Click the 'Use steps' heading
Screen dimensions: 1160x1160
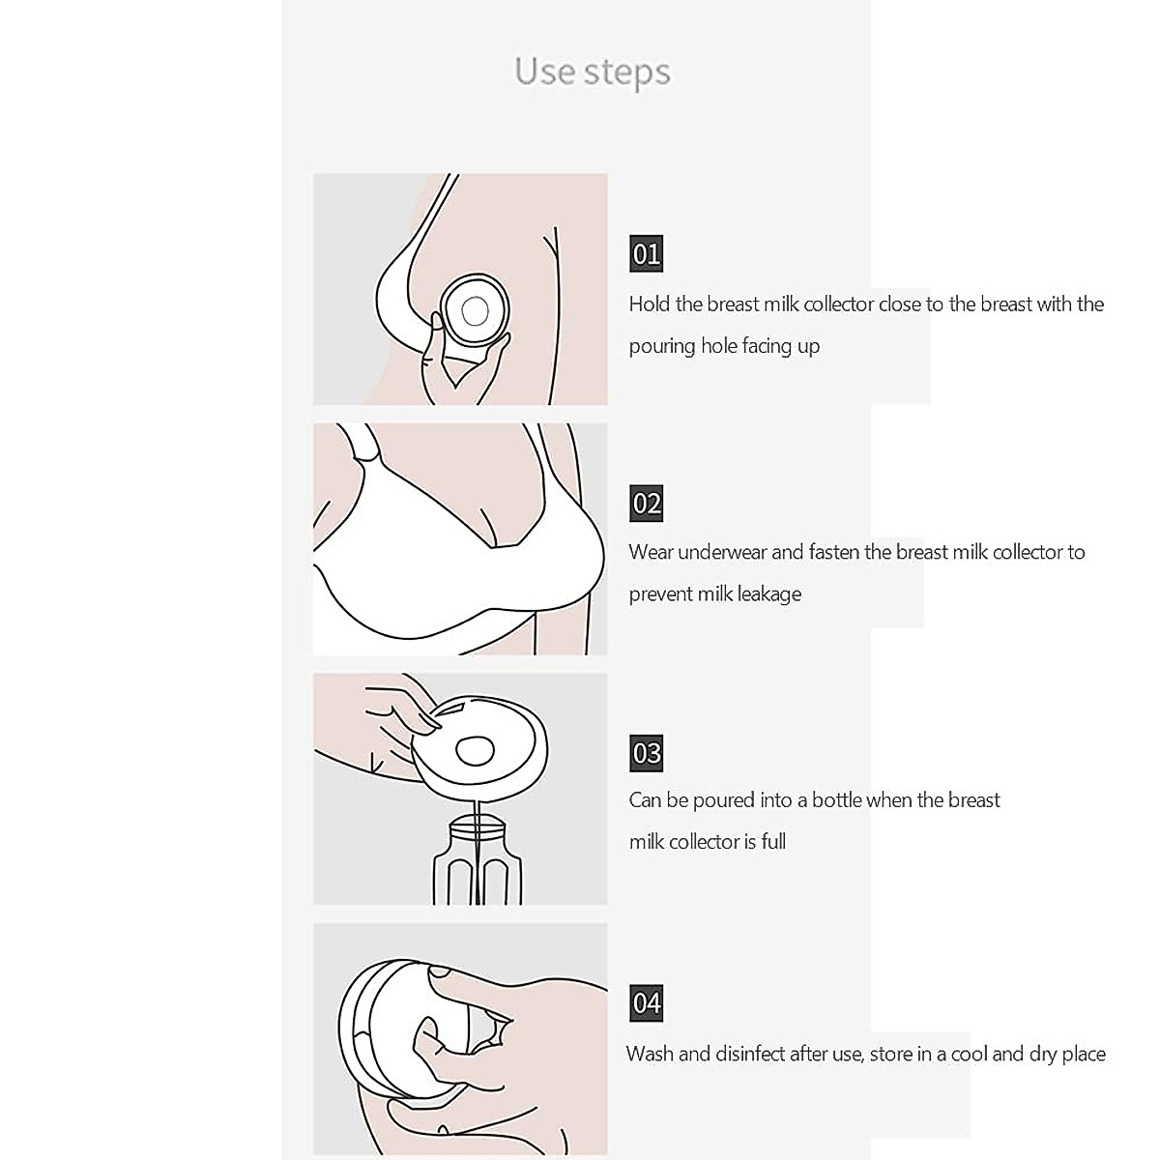tap(592, 72)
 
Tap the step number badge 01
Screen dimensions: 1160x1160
tap(646, 254)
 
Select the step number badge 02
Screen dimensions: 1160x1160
tap(646, 503)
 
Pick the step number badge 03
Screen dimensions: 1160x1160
tap(646, 752)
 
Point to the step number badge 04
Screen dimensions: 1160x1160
tap(646, 1002)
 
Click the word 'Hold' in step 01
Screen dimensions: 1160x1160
tap(650, 304)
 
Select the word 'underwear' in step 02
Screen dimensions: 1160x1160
tap(722, 553)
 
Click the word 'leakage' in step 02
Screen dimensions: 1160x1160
tap(767, 594)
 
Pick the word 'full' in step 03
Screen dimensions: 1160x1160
tap(773, 842)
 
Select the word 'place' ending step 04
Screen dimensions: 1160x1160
tap(1082, 1054)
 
